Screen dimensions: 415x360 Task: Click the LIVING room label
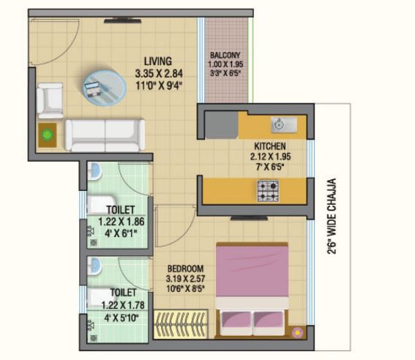coord(158,61)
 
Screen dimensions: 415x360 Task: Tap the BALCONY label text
coord(225,56)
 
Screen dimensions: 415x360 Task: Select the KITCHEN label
coord(270,146)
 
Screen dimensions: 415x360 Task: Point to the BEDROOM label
coord(185,269)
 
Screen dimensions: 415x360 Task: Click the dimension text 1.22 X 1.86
coord(121,222)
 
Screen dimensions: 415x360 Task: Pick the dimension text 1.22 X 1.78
coord(123,305)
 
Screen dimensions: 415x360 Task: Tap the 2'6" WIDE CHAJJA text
coord(332,217)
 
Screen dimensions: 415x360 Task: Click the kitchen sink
coord(284,124)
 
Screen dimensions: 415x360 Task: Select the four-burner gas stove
coord(268,191)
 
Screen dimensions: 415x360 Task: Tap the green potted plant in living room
coord(48,135)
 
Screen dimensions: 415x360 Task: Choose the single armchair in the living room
coord(50,100)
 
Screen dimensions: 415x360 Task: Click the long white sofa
coord(105,135)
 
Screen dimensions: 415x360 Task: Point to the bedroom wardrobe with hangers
coord(181,323)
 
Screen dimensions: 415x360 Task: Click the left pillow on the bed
coord(236,322)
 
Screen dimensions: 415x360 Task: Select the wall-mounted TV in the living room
coord(122,20)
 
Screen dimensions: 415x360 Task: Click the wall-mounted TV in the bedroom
coord(249,218)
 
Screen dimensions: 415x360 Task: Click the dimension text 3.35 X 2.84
coord(159,73)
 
